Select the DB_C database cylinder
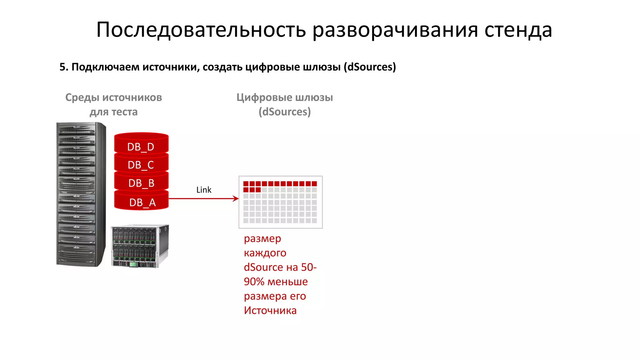pos(141,164)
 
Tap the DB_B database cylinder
pos(141,182)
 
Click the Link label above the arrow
pos(204,190)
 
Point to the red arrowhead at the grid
pos(236,198)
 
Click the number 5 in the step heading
pos(62,67)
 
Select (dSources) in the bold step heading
pos(370,67)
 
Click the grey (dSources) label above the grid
pos(284,112)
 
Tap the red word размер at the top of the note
pos(262,239)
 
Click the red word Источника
pos(270,311)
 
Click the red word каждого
pos(265,253)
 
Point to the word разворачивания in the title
pos(395,30)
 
